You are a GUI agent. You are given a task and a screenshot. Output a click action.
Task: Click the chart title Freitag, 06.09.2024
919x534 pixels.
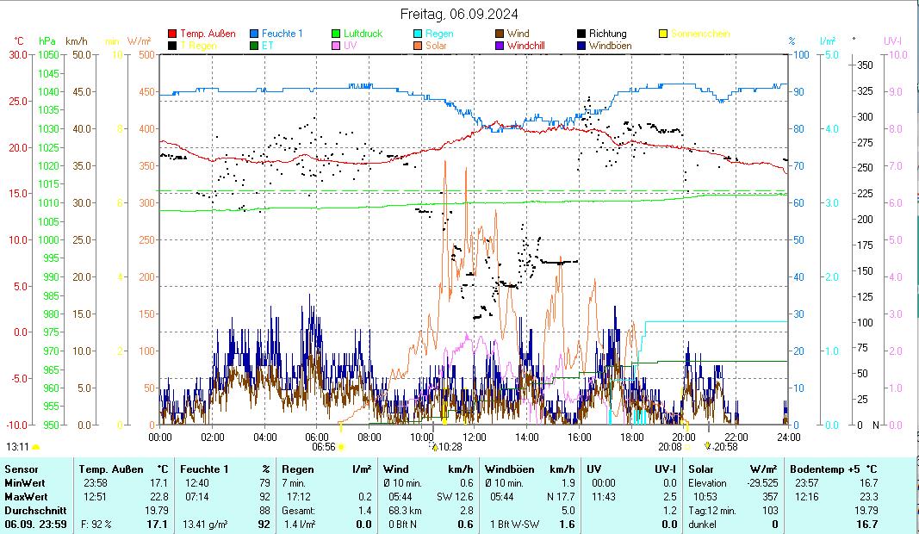point(459,14)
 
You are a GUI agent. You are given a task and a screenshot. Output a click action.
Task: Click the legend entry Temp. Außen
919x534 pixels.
point(208,34)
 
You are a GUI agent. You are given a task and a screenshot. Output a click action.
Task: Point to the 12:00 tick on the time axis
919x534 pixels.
point(475,437)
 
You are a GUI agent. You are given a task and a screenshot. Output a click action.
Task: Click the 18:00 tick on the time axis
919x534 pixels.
point(631,437)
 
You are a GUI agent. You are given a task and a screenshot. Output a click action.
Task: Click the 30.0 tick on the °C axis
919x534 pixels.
point(18,54)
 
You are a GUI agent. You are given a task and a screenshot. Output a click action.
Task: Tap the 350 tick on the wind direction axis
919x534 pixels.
point(866,65)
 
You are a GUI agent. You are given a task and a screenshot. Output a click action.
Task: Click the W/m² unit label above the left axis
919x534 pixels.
point(140,40)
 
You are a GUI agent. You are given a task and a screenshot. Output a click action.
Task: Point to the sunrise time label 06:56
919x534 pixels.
point(323,447)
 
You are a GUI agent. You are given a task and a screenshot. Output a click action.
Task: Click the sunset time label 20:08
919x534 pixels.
point(669,447)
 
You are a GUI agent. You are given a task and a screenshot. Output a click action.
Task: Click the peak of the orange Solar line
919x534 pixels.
point(444,160)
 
